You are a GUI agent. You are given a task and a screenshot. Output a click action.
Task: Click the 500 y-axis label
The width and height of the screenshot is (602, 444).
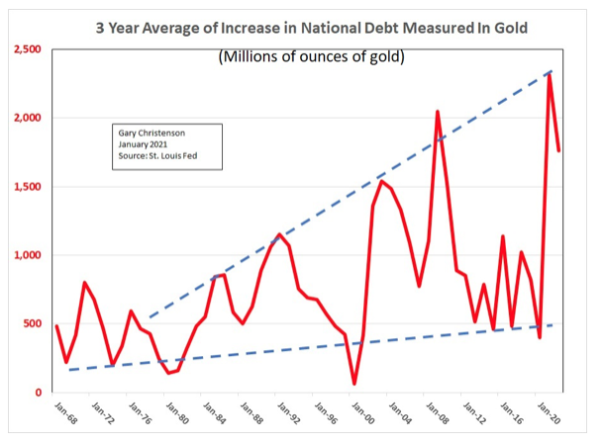(x=32, y=323)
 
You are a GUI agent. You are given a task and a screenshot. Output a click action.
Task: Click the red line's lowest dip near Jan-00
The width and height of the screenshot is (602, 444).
(x=353, y=384)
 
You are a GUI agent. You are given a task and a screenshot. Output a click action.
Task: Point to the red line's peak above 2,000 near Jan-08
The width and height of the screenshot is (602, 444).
(x=437, y=112)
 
